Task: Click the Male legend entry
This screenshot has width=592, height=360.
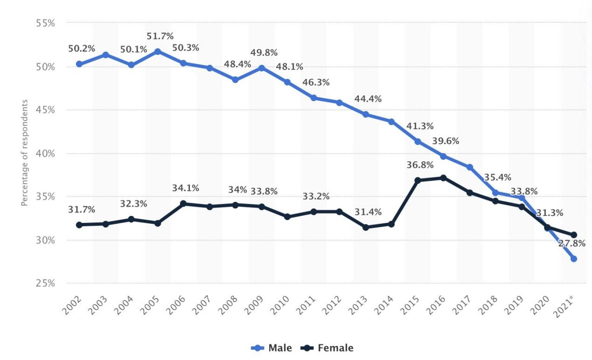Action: [x=272, y=348]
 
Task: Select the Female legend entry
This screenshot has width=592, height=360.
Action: [x=327, y=348]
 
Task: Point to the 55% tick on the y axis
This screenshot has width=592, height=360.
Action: [x=46, y=23]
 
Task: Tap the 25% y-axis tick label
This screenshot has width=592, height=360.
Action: [x=46, y=284]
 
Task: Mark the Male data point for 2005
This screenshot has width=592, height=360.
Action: [x=158, y=51]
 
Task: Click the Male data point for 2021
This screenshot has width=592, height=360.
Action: [x=574, y=259]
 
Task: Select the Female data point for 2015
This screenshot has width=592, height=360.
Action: [x=418, y=180]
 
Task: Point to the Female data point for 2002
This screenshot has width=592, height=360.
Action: [x=79, y=225]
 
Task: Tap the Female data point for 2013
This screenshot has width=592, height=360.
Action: [x=366, y=227]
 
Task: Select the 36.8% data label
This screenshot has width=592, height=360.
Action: [x=420, y=165]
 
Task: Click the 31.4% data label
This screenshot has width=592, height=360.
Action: [x=368, y=212]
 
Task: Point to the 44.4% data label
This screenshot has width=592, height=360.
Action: [x=368, y=99]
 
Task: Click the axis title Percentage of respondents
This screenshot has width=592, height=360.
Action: [x=25, y=153]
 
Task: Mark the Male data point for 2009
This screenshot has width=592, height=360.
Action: [x=262, y=68]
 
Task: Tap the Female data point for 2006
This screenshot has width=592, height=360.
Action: [x=183, y=203]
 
